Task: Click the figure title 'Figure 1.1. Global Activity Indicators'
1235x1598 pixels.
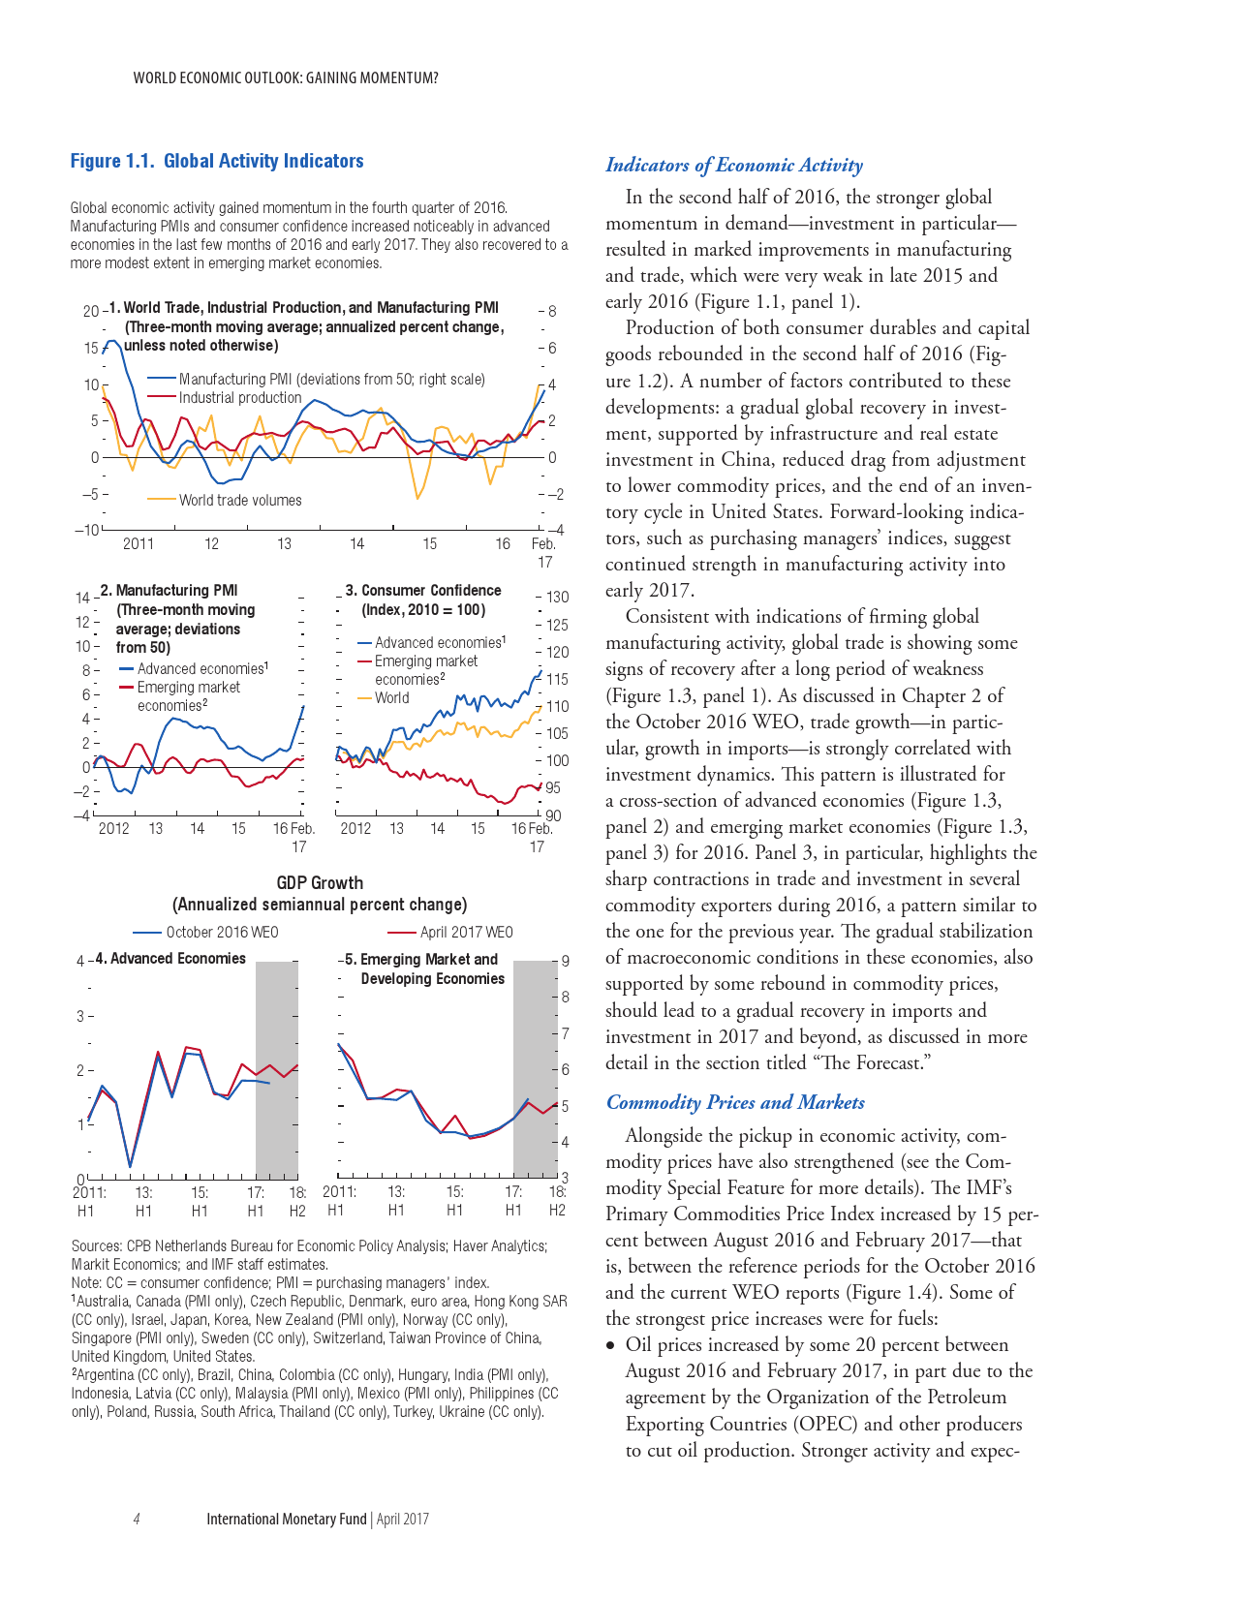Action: point(217,162)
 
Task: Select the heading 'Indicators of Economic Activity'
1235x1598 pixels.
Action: point(733,166)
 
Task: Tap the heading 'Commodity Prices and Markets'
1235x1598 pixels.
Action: point(734,1103)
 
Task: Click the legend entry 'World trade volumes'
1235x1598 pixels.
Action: point(239,501)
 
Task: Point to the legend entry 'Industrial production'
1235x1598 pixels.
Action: point(239,398)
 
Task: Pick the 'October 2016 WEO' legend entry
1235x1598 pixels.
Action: point(221,933)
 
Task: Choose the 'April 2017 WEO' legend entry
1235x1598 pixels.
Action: point(466,933)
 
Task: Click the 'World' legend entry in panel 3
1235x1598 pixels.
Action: point(391,698)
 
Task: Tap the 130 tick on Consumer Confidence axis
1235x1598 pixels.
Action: point(557,598)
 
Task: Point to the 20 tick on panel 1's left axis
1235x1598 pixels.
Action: point(91,311)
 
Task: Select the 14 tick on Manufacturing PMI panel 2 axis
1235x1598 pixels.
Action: point(82,598)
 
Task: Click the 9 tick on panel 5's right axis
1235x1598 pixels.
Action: point(565,961)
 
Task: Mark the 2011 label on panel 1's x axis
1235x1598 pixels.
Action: point(139,544)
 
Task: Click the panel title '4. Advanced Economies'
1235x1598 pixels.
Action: point(177,959)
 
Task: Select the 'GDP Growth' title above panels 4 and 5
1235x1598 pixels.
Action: point(320,883)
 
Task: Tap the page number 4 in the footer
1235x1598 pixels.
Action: point(137,1520)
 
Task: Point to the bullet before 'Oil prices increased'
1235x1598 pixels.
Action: point(610,1346)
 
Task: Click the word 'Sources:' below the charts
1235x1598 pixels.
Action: point(96,1246)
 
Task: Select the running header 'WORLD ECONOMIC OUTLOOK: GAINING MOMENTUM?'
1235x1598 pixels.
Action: point(286,78)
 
